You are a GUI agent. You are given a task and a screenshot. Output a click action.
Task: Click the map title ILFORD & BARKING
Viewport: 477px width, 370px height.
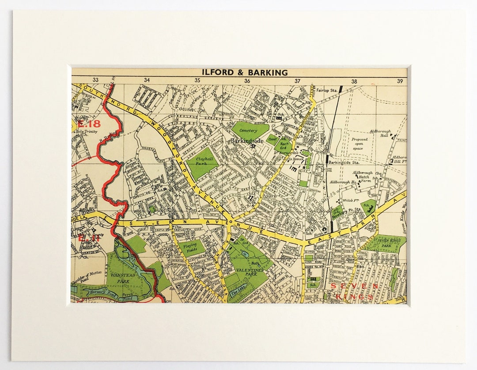(x=245, y=72)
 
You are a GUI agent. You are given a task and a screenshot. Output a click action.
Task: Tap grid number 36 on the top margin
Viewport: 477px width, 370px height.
(x=247, y=81)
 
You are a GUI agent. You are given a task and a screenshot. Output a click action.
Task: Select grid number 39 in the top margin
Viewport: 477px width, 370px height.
(x=400, y=81)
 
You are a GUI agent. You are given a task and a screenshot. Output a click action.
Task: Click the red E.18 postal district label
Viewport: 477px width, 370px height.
(x=88, y=124)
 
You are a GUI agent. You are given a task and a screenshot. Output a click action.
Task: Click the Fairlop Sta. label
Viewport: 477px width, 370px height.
(x=327, y=90)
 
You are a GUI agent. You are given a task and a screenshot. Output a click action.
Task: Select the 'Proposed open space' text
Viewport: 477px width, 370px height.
(x=359, y=144)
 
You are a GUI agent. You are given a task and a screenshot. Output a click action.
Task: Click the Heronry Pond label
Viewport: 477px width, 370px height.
(x=102, y=292)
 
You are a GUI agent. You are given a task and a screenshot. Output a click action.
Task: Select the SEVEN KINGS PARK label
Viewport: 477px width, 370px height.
(x=386, y=243)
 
